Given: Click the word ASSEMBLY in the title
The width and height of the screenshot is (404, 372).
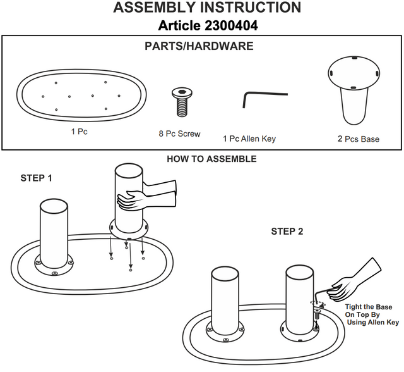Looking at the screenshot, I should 157,8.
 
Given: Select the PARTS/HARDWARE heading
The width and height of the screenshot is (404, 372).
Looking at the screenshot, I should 199,46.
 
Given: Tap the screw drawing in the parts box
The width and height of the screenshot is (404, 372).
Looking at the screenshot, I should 181,102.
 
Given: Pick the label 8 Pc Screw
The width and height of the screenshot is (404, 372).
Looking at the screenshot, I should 179,134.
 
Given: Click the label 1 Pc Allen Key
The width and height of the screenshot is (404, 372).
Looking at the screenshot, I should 249,139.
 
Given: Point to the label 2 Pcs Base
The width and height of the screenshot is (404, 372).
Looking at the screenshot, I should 358,139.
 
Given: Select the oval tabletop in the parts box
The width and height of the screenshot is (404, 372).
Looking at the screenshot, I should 82,97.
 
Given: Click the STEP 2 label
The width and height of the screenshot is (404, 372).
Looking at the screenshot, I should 287,232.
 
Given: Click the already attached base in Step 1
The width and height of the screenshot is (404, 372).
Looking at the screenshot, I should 54,234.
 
